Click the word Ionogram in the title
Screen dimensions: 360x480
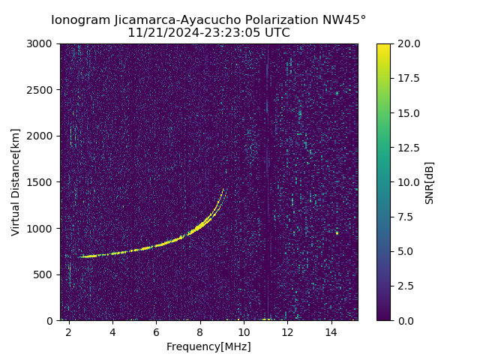79,19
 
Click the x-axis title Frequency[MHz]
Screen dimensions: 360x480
208,346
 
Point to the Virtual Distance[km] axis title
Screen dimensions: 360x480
16,182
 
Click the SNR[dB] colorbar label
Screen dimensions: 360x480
430,182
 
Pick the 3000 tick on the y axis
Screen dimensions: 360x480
42,43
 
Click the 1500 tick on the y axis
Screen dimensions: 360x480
42,182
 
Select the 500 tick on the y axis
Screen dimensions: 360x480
45,274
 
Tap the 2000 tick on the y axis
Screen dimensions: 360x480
42,136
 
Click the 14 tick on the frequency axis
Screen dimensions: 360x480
331,331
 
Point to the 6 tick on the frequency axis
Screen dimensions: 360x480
156,331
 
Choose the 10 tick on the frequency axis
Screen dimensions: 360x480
244,331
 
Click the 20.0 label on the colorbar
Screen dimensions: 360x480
406,43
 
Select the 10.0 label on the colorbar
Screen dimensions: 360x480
406,182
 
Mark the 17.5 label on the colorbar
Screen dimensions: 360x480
406,78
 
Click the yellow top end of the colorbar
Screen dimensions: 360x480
383,46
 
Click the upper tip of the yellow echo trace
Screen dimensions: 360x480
223,190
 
